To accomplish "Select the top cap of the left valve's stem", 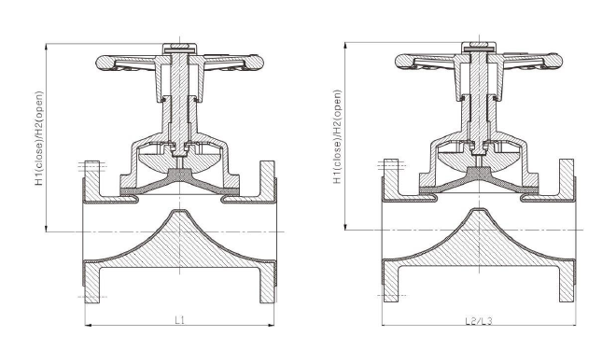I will [179, 45].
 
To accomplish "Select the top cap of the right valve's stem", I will [479, 45].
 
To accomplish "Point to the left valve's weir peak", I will [179, 214].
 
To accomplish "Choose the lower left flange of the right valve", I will [390, 279].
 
